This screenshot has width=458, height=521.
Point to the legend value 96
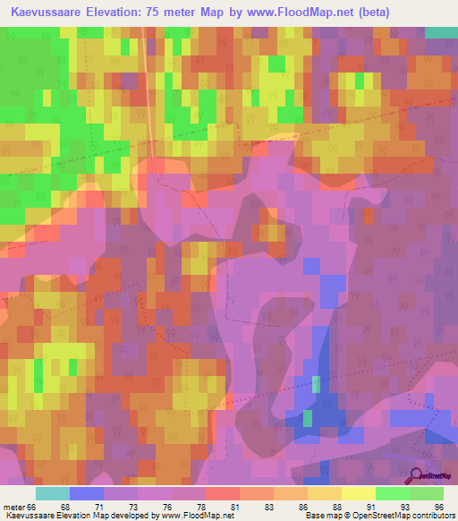tap(438, 506)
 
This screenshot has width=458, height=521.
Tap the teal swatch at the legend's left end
tap(53, 493)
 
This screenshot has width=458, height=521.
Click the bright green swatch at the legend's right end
tap(426, 493)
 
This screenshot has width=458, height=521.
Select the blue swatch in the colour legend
tap(87, 493)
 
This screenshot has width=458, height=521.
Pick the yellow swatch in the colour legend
tap(358, 493)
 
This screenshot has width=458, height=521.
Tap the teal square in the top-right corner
tap(440, 32)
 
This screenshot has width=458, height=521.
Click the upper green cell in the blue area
tap(317, 384)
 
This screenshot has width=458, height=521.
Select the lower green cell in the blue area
tap(308, 417)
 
